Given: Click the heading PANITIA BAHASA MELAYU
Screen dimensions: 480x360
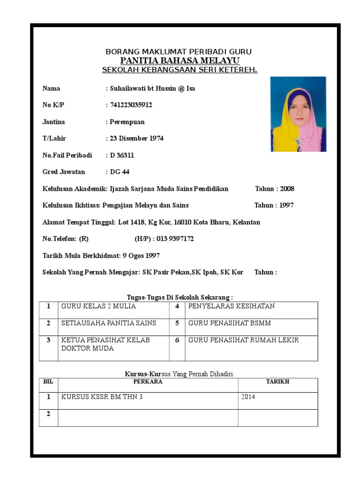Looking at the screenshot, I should click(180, 61).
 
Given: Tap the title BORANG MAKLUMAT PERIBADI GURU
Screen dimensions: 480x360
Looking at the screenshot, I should click(179, 52).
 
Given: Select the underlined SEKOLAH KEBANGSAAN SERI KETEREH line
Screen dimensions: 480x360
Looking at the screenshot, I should click(180, 70).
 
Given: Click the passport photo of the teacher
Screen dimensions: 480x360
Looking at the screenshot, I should click(298, 114).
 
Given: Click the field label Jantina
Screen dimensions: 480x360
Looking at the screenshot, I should click(54, 122).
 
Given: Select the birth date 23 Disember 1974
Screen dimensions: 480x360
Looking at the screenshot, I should click(136, 139).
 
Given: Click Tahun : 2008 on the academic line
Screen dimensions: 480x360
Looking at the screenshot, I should click(275, 189).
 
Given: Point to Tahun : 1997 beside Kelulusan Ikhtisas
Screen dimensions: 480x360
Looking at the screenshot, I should click(274, 205).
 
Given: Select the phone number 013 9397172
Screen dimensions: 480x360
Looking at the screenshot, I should click(175, 239).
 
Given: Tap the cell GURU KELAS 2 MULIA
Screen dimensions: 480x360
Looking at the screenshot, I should click(98, 306).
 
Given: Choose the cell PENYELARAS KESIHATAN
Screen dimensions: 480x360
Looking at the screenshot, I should click(232, 306).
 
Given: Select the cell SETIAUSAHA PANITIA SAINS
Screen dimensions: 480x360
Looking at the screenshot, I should click(109, 323).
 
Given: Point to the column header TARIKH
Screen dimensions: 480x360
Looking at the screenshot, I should click(277, 382).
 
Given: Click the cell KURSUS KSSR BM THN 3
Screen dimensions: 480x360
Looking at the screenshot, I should click(102, 397).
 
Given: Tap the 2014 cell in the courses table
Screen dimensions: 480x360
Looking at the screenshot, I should click(248, 397).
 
